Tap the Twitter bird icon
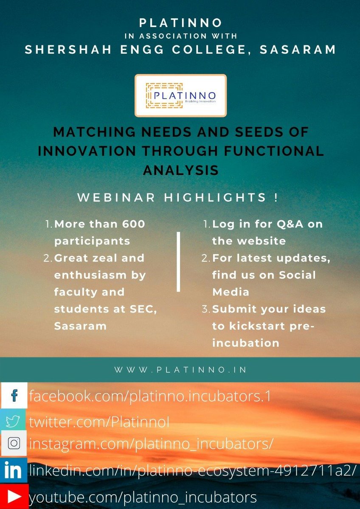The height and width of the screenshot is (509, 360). click(x=14, y=422)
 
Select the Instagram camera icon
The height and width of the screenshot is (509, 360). click(x=14, y=443)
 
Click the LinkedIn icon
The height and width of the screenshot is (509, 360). click(x=14, y=470)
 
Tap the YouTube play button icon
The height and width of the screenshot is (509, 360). click(x=14, y=496)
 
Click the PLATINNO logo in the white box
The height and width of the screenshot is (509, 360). click(x=180, y=95)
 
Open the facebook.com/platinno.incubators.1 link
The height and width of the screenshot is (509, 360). click(x=149, y=397)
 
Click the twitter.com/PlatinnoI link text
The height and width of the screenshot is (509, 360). click(x=99, y=422)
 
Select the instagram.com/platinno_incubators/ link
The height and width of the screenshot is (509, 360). click(x=151, y=444)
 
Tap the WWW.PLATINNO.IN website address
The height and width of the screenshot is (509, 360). click(x=180, y=370)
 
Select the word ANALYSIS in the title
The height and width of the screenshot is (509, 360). click(x=180, y=170)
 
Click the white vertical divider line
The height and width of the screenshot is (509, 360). click(x=178, y=261)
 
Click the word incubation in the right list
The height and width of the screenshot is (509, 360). click(x=246, y=343)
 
